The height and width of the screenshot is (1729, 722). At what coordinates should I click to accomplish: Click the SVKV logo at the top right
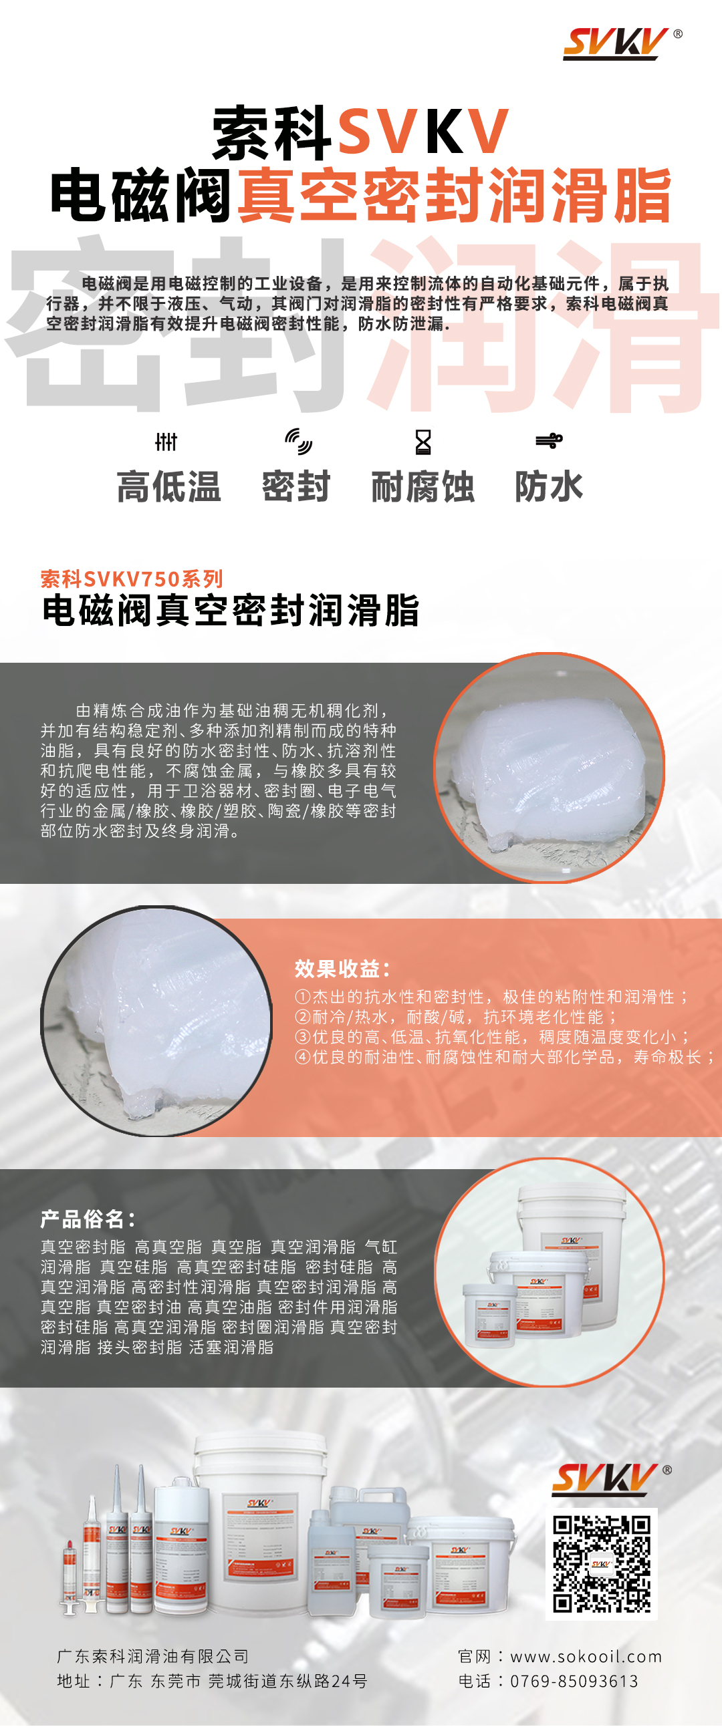622,43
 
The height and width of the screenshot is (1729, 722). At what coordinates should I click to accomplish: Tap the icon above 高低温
166,442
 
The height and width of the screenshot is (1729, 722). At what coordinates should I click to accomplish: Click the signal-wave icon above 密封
298,441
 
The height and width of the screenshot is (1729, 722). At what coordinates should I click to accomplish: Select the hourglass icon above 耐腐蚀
423,442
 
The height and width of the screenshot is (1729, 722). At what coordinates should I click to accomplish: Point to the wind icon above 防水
549,441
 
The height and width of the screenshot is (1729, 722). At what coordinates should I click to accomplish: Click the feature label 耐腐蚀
423,486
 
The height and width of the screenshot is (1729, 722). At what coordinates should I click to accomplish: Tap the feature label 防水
549,486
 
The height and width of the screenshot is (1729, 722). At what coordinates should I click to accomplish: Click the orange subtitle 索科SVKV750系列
132,579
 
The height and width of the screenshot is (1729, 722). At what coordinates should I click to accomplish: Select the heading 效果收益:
342,969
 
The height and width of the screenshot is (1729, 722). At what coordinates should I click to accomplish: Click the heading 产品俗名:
88,1218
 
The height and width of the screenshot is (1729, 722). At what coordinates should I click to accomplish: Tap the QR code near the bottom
601,1563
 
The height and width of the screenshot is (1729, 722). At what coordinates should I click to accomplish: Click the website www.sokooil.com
586,1656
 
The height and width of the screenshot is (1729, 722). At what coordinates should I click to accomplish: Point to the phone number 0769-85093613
574,1681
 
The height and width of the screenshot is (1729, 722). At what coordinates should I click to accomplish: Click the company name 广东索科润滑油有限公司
152,1656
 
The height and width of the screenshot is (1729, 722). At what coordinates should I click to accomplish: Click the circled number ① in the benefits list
302,997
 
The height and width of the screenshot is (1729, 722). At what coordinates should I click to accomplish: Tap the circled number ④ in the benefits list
302,1057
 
